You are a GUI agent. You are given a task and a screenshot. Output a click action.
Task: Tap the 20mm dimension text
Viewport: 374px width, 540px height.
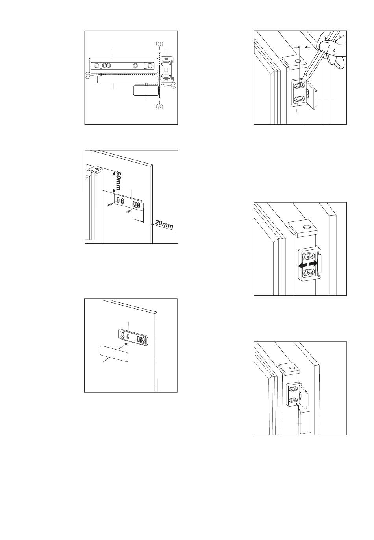[x=164, y=225]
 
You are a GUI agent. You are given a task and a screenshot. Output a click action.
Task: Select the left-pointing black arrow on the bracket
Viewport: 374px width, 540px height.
[x=303, y=265]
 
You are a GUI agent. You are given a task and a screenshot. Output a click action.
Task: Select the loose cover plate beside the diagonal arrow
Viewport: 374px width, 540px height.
[x=114, y=354]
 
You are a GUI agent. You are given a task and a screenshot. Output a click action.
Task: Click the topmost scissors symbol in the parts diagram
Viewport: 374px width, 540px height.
[x=159, y=44]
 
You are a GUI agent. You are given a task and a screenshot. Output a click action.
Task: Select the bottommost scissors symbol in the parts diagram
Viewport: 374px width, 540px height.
[x=159, y=106]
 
